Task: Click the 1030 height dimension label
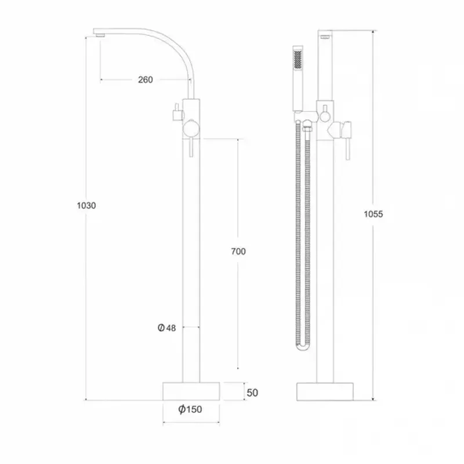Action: (x=85, y=205)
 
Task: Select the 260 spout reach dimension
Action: (x=146, y=79)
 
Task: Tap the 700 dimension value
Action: (x=238, y=251)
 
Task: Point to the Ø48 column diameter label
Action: (x=166, y=328)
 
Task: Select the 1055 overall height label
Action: (x=373, y=214)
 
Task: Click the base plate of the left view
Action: (x=191, y=391)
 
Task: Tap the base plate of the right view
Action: (x=326, y=391)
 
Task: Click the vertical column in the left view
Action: (x=191, y=261)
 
